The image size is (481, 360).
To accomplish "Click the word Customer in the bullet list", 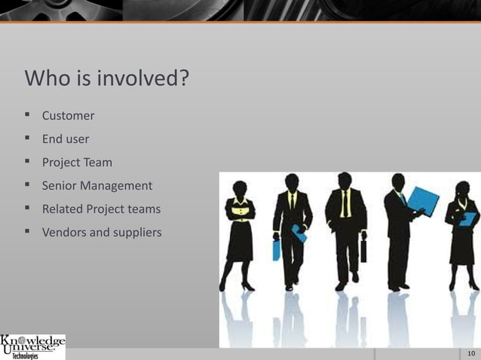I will [68, 116].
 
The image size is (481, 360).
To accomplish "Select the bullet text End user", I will [65, 139].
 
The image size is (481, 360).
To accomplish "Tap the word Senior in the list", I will [60, 185].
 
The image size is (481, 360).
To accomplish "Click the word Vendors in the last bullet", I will [64, 232].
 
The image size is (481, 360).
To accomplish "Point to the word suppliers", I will [136, 233].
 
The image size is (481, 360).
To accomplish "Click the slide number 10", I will [470, 353].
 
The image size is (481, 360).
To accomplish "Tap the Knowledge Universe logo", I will [33, 347].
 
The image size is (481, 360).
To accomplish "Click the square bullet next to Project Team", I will [27, 161].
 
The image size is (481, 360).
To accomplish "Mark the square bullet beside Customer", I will [27, 115].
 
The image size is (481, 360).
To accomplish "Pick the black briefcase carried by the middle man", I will [363, 251].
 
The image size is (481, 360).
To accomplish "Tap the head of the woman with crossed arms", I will [240, 188].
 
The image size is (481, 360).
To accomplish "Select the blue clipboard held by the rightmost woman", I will [468, 218].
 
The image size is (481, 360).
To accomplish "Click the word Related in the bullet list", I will [63, 209].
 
